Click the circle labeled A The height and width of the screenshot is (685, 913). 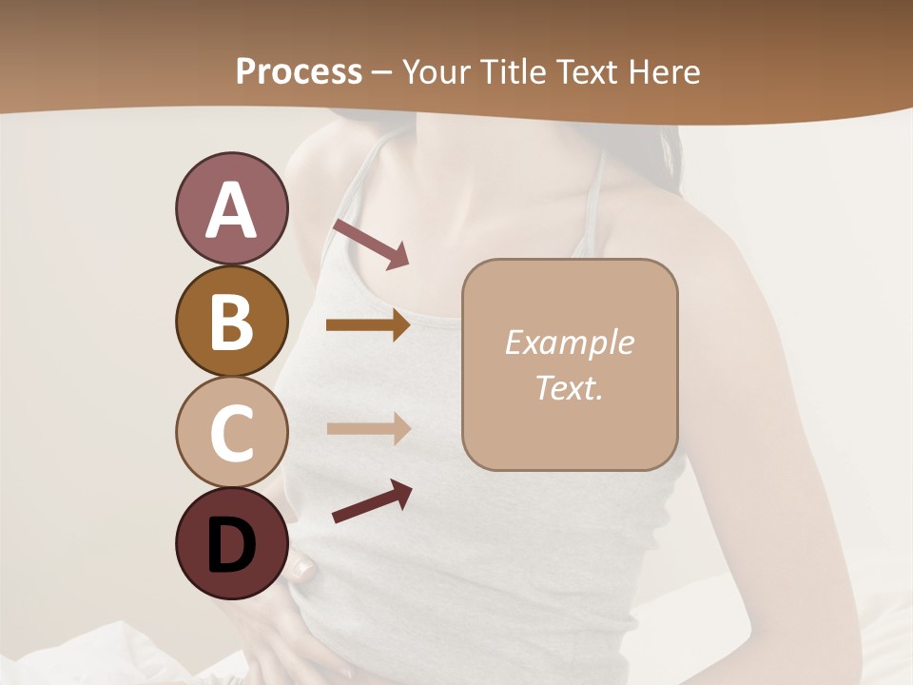[231, 208]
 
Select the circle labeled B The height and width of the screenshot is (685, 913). [231, 322]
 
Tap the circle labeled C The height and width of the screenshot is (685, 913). [231, 432]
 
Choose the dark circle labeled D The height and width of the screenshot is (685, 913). [231, 544]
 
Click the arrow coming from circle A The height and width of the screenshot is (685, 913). [371, 244]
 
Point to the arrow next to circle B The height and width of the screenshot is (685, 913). [368, 325]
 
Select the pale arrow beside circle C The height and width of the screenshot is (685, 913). [368, 429]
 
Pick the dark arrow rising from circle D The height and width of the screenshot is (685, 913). [372, 502]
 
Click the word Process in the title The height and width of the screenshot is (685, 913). [299, 71]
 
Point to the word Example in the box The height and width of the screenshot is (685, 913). [570, 342]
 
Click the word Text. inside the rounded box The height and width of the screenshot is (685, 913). [570, 387]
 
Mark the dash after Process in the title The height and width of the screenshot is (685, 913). [382, 72]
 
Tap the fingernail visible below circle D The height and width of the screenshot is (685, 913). [303, 570]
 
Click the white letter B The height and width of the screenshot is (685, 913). [231, 322]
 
